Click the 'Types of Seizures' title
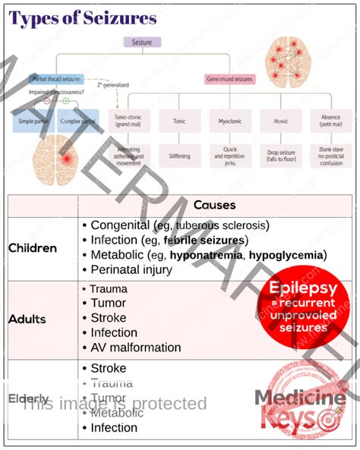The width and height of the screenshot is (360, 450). (84, 18)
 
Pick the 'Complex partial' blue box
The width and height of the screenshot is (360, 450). (78, 121)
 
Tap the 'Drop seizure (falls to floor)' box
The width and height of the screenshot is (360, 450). (278, 155)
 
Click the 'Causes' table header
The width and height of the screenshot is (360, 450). (214, 205)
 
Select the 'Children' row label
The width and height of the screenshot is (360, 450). (33, 247)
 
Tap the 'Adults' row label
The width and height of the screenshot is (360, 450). (27, 319)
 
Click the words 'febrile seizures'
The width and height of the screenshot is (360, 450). (204, 240)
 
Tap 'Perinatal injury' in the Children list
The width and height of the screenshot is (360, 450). (131, 269)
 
